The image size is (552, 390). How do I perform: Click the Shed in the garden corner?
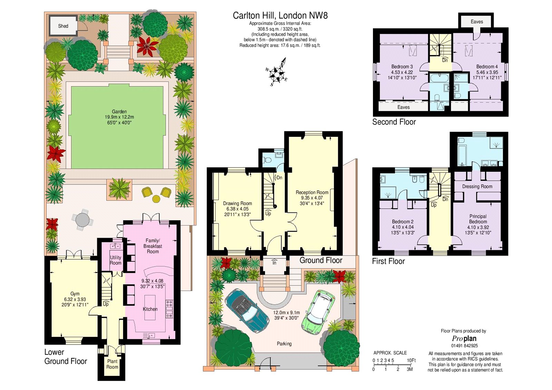[63, 26]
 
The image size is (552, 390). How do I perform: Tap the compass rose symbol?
[277, 73]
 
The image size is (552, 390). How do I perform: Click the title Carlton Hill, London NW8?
[280, 16]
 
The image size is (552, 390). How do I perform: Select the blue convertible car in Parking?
[247, 310]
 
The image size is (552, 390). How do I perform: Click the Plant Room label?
[112, 364]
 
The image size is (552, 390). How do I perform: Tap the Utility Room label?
[116, 260]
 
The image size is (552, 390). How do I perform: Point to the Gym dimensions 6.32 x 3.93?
[75, 299]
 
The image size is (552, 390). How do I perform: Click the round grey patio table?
[82, 219]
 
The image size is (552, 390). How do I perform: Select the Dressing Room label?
[477, 187]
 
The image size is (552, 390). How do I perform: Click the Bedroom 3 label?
[402, 67]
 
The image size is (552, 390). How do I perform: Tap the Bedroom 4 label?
[487, 67]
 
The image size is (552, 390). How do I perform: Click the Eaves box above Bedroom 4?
[477, 22]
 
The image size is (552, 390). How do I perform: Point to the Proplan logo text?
[464, 339]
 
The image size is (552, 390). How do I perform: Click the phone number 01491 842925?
[464, 346]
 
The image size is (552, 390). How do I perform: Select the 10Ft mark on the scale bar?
[411, 360]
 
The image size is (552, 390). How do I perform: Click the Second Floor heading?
[394, 122]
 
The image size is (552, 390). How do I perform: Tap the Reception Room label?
[312, 192]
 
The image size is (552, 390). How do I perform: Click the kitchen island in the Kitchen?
[150, 308]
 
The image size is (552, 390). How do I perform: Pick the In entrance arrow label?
[275, 262]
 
